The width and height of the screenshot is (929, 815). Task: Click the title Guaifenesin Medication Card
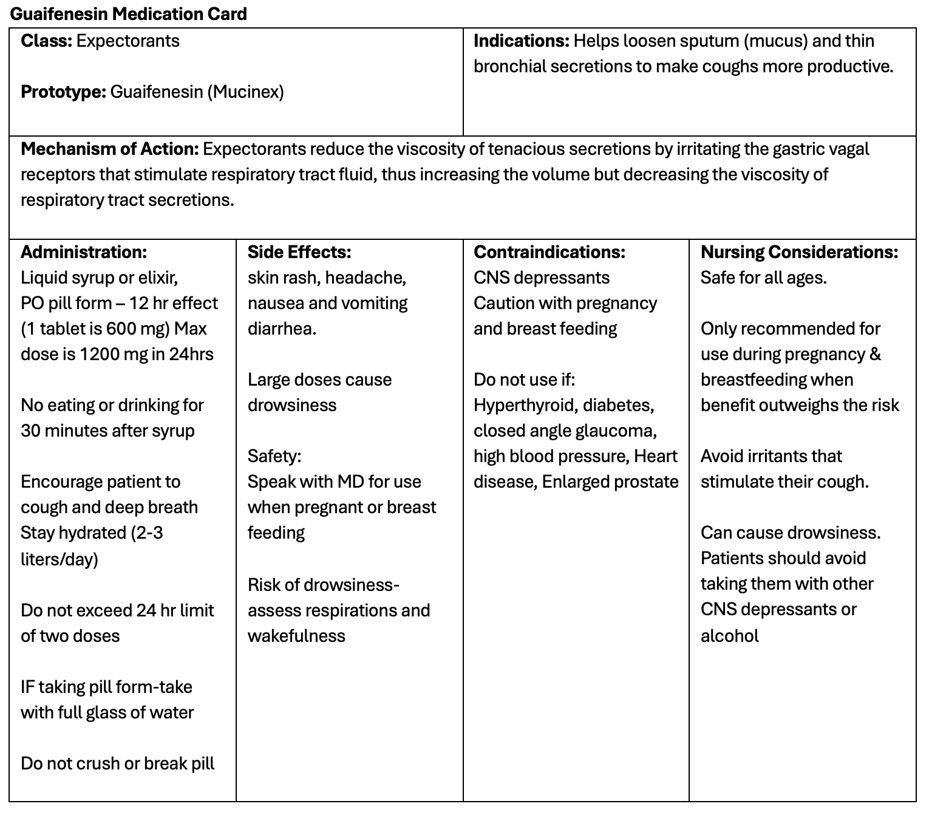point(129,14)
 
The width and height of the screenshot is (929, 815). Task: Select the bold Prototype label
point(64,92)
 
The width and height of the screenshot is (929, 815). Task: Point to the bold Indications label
point(521,41)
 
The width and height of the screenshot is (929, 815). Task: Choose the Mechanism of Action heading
point(110,149)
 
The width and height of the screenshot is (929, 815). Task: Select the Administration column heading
point(84,252)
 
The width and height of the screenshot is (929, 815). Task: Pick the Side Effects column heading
point(299,252)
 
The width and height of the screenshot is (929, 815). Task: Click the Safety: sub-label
point(274,456)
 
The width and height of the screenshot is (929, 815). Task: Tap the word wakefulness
point(296,636)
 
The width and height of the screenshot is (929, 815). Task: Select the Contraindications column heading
point(550,252)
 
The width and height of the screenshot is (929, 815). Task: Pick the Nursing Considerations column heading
point(800,252)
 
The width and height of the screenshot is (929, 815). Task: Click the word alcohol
point(730,636)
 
